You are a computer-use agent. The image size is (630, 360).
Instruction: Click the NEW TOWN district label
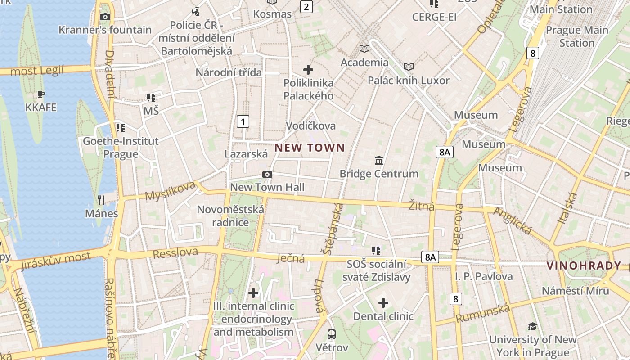[310, 148]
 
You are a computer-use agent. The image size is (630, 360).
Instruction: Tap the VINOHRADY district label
[584, 265]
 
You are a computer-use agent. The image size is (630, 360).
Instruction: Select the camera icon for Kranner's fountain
[105, 17]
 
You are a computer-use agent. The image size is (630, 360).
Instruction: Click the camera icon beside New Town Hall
[267, 175]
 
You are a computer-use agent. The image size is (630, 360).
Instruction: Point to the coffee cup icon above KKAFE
[41, 94]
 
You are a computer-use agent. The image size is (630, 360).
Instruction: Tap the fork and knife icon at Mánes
[101, 200]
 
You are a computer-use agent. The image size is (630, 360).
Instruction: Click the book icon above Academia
[364, 49]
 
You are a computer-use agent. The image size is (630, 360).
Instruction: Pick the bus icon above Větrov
[332, 334]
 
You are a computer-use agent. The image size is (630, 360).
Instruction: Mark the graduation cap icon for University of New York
[533, 326]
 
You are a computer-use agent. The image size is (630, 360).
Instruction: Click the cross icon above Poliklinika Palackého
[308, 70]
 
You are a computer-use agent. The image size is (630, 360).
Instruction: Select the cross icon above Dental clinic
[383, 303]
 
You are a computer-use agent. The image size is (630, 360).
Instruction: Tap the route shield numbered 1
[243, 121]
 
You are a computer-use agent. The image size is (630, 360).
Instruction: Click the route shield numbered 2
[306, 6]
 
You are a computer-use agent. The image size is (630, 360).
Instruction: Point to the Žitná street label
[421, 206]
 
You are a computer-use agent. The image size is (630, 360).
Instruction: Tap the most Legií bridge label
[37, 71]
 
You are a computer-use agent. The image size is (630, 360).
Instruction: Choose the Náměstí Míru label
[575, 291]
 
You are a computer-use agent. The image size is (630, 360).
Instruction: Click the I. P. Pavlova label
[484, 276]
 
